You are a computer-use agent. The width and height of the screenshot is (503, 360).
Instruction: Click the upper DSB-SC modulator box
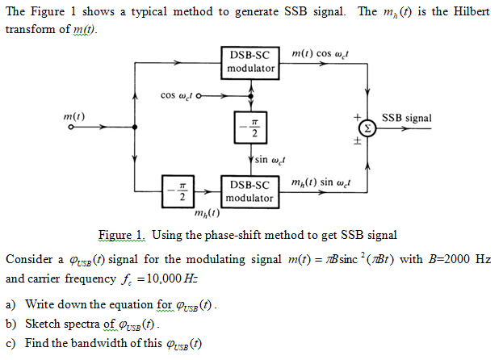click(x=251, y=62)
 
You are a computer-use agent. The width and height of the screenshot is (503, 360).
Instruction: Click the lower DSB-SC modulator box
click(x=249, y=191)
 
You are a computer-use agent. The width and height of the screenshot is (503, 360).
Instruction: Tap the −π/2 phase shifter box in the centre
click(x=253, y=128)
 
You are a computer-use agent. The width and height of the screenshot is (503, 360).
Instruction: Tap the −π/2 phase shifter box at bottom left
click(x=182, y=191)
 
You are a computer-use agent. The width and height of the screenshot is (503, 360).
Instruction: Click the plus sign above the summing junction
click(x=352, y=116)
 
